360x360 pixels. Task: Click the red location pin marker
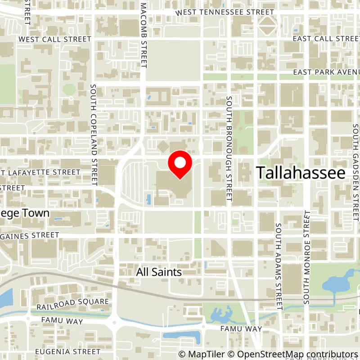[x=180, y=164]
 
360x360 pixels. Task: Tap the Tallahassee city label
[x=301, y=173]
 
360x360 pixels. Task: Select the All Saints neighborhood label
[x=159, y=272]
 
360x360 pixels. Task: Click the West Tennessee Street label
[x=225, y=12]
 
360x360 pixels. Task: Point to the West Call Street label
[x=55, y=39]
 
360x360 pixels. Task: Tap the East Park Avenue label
[x=326, y=72]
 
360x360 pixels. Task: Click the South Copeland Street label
[x=94, y=135]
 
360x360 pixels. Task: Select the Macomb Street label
[x=144, y=34]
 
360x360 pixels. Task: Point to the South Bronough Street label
[x=229, y=148]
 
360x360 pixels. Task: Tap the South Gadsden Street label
[x=355, y=162]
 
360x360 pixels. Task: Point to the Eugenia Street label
[x=67, y=351]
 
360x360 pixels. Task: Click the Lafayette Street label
[x=40, y=172]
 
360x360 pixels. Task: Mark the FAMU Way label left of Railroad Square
[x=60, y=321]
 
